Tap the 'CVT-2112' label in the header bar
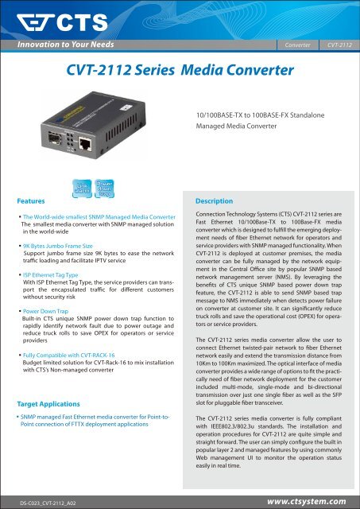tap(343, 45)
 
